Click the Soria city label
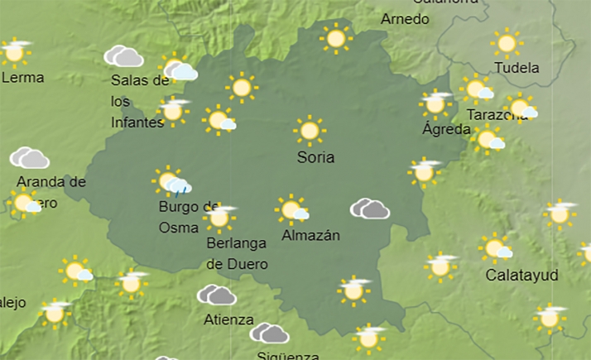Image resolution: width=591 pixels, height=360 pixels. pos(315,156)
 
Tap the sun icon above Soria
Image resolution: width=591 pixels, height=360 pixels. pos(310,131)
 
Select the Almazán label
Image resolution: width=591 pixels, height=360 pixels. pos(311,235)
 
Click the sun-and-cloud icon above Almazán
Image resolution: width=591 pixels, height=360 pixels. pos(292,209)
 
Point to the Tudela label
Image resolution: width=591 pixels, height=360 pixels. pos(516,68)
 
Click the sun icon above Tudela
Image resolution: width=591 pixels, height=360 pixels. pos(506,43)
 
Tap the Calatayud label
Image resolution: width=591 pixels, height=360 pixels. pos(521,275)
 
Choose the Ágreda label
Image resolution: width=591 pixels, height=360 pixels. pos(446,129)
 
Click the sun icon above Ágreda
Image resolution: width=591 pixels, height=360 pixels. pos(435,104)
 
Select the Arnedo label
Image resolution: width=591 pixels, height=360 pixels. pos(405,18)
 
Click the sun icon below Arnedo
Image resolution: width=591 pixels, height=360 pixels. pos(336,38)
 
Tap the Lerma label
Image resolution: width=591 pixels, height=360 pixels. pos(23,78)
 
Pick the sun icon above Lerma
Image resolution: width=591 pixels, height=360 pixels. pos(14,52)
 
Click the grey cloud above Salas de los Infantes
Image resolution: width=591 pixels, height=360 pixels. pos(123,56)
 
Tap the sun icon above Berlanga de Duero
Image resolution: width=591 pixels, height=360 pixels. pos(219,217)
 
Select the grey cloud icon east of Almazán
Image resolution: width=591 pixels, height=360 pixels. pos(370,209)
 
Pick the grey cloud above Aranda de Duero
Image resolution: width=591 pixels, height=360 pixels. pos(29,157)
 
